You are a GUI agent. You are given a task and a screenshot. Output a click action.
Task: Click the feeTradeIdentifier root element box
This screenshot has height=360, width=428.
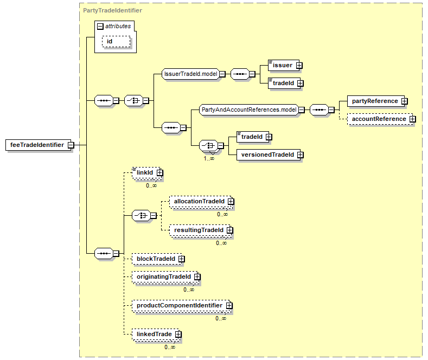point(40,145)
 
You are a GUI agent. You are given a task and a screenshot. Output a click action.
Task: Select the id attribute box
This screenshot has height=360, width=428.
point(116,41)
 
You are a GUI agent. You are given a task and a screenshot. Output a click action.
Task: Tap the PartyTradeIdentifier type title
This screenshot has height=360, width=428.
point(112,10)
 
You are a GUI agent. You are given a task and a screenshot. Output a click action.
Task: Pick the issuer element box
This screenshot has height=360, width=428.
point(284,66)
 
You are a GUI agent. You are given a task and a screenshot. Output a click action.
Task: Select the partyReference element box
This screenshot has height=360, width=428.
point(376,101)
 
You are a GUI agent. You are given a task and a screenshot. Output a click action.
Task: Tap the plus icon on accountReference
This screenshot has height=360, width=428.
point(412,119)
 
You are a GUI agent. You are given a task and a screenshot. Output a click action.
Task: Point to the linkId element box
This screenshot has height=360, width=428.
point(146,172)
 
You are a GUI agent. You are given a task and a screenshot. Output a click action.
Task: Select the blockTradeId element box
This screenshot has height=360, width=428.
point(157,259)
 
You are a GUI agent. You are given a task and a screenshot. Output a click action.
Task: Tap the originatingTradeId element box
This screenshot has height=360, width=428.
point(165,277)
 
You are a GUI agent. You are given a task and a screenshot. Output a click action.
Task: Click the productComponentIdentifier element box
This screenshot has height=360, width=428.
point(181,305)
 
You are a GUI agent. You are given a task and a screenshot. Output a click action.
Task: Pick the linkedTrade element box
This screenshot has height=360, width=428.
point(156,335)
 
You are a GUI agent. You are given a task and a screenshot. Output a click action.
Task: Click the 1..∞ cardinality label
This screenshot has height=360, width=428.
point(209,158)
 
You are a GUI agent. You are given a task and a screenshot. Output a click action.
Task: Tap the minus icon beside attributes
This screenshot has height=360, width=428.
point(100,27)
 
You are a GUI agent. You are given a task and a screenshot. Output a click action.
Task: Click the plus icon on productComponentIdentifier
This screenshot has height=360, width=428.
point(229,305)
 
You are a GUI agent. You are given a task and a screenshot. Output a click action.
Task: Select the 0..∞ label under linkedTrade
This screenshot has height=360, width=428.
point(170,347)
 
